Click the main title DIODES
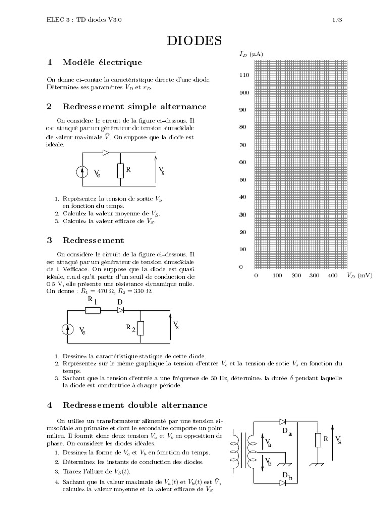pos(194,41)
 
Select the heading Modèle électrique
pos(102,62)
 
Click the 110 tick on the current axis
pos(244,75)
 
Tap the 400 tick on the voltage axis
pos(332,276)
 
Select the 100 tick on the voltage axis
pos(277,276)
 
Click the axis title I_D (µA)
pos(251,53)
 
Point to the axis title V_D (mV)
pos(359,276)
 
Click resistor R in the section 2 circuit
pos(120,171)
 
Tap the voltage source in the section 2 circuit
pos(82,172)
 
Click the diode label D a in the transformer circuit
pos(287,431)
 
